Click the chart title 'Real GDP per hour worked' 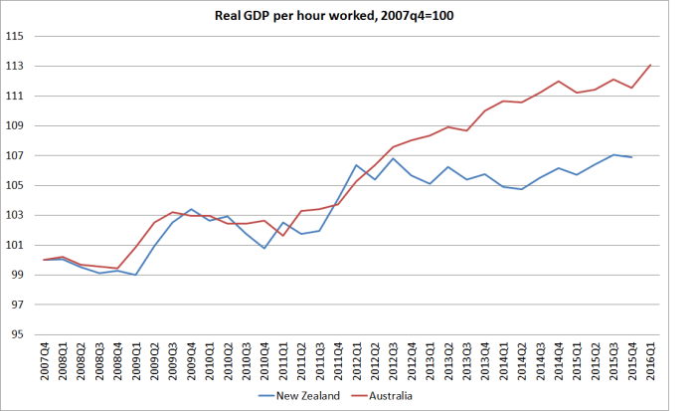click(347, 14)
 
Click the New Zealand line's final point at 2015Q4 click(632, 157)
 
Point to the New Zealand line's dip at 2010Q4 click(264, 248)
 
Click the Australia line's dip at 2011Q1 click(283, 235)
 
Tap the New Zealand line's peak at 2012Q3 click(394, 158)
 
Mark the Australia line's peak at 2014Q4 click(559, 82)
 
